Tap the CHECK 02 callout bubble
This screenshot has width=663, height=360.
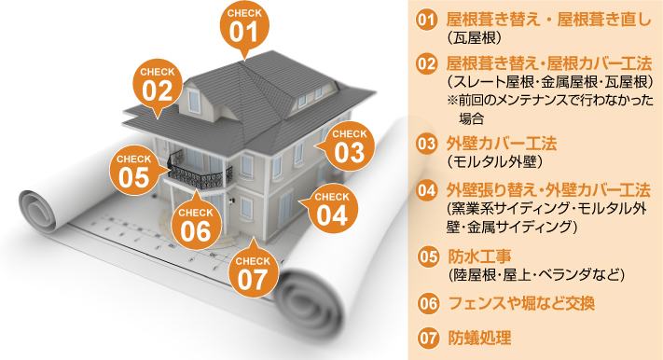click(x=158, y=84)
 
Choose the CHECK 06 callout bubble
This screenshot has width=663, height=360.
click(x=196, y=221)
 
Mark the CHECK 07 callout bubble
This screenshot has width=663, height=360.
click(x=252, y=270)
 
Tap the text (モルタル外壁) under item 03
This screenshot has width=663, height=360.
click(x=489, y=162)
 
